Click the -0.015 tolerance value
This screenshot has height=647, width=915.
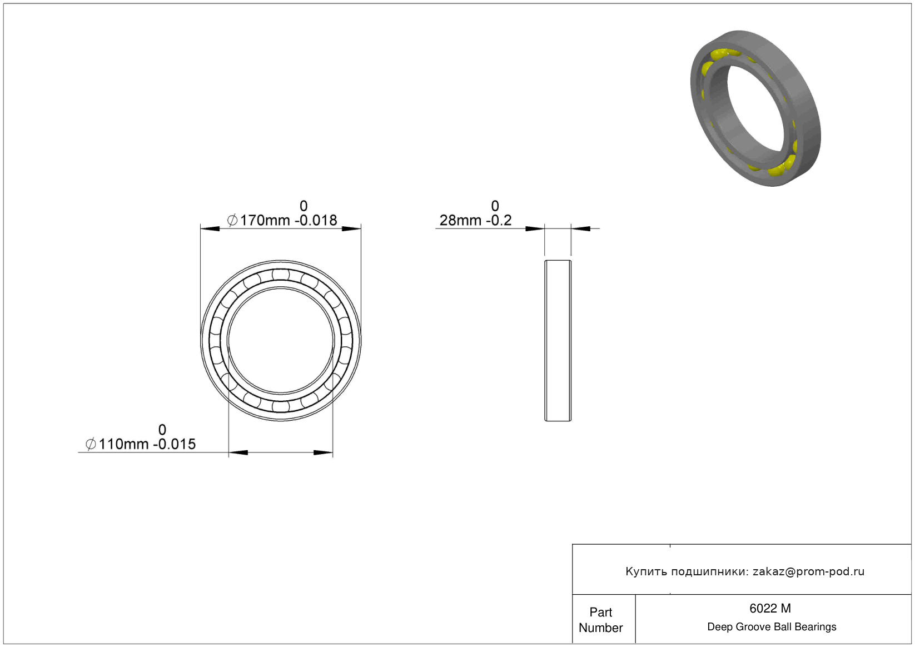tap(175, 444)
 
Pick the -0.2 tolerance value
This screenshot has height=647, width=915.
tap(499, 221)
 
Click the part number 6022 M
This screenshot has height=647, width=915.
tap(770, 609)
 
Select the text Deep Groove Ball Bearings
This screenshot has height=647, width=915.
tap(772, 627)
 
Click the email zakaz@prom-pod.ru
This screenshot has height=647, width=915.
tap(808, 571)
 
